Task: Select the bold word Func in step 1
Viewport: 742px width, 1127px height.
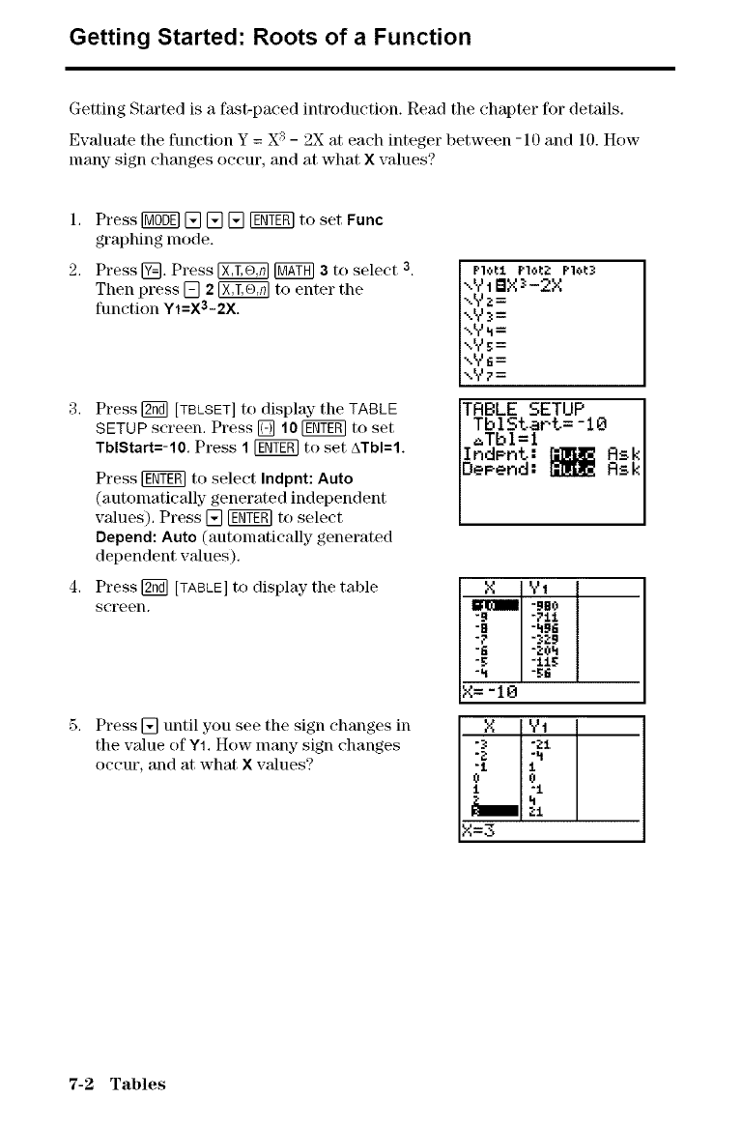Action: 364,220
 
